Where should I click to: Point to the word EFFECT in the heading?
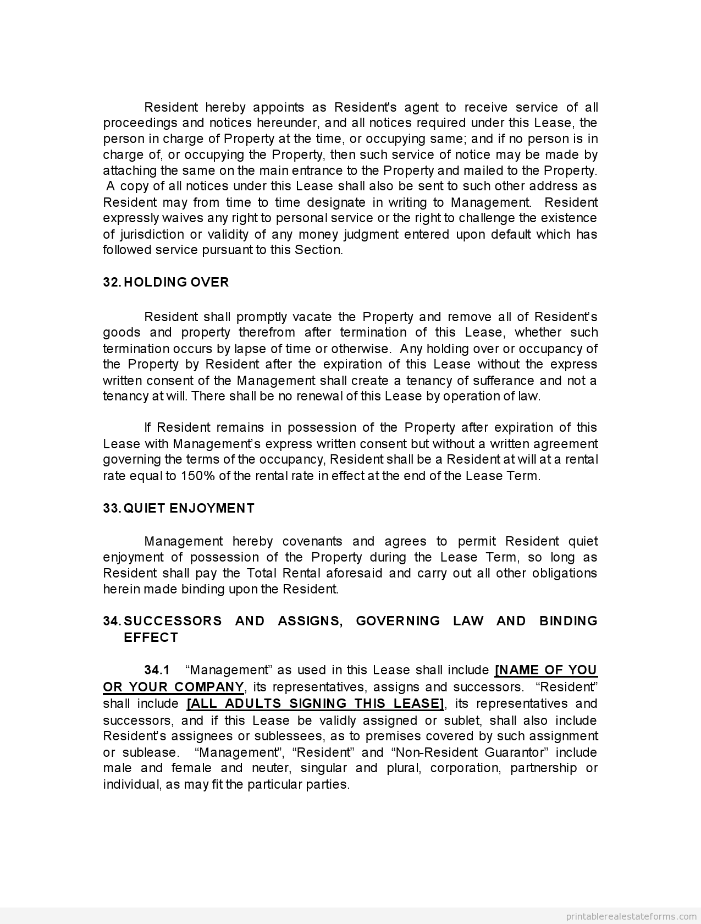point(151,637)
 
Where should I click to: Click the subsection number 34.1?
point(157,670)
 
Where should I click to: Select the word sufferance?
point(499,381)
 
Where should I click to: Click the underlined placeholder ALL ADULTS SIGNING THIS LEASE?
point(316,703)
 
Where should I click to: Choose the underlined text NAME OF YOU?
point(546,670)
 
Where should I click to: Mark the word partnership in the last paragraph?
point(543,768)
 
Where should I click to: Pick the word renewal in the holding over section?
point(319,396)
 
